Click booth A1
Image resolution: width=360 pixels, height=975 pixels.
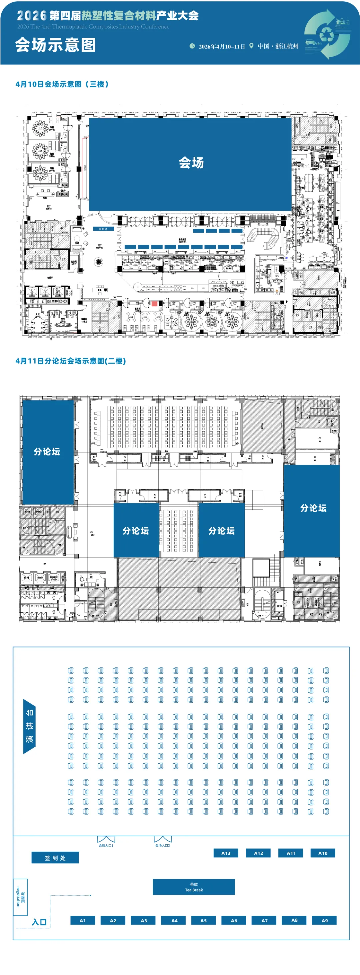[83, 920]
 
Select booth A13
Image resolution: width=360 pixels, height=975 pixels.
[226, 853]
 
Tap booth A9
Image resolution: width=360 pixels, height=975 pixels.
[324, 920]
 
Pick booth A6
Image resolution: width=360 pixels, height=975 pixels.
[234, 920]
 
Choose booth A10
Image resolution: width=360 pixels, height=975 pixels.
[323, 853]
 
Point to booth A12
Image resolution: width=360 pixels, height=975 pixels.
[258, 853]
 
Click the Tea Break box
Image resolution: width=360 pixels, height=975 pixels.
[193, 887]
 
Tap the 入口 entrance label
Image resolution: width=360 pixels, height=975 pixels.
[39, 922]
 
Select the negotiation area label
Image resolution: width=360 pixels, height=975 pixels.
[20, 897]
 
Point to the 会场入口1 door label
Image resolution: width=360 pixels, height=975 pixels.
[106, 846]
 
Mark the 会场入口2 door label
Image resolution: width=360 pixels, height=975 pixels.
[162, 845]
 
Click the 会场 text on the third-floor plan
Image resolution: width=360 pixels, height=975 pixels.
[191, 163]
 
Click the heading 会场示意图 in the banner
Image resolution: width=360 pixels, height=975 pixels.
[55, 45]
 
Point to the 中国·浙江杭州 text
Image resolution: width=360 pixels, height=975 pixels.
[278, 46]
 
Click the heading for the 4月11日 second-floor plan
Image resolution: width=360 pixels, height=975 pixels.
[71, 361]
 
